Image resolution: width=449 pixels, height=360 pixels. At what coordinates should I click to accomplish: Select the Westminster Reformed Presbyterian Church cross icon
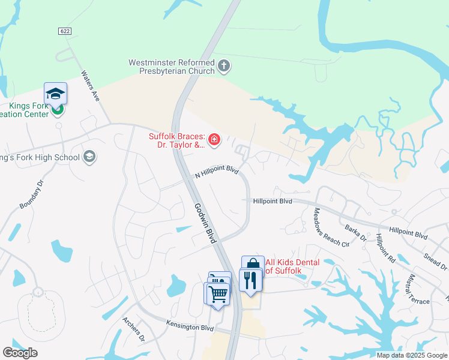coord(224,65)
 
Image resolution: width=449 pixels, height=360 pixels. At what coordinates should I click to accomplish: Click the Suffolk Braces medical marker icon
coord(214,140)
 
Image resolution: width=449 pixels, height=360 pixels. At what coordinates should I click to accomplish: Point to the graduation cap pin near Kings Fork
coord(55,94)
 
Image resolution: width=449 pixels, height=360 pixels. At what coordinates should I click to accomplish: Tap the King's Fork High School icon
coord(89,157)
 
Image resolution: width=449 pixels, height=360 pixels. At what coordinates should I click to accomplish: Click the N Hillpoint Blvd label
coord(217,173)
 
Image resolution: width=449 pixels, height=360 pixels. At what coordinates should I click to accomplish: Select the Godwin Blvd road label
coord(205,222)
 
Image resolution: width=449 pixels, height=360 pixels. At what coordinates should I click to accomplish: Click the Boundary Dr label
coord(32,194)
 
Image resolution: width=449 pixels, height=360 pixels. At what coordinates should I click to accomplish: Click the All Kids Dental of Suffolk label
coord(293,266)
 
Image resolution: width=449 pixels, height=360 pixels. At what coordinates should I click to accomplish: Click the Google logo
coord(20,353)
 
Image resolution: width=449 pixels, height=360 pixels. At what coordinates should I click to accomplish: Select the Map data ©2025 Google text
coord(411,355)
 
